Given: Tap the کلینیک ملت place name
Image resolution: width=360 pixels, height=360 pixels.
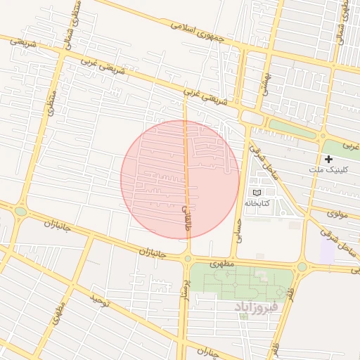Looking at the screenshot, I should [x=325, y=170].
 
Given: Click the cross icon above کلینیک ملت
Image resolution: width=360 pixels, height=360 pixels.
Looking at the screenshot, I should [x=328, y=159].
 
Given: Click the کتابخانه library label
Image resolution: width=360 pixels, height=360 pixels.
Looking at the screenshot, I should [x=257, y=202].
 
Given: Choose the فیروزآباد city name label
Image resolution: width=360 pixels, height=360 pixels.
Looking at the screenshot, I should [x=257, y=308].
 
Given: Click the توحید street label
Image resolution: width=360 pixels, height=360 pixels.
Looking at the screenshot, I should [x=100, y=302].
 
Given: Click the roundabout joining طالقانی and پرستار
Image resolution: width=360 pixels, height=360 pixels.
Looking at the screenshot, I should [x=188, y=259].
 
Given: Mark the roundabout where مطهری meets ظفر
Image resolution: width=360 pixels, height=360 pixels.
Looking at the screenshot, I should [x=302, y=267].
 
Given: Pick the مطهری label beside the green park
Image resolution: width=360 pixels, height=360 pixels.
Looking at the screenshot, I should [x=221, y=262].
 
